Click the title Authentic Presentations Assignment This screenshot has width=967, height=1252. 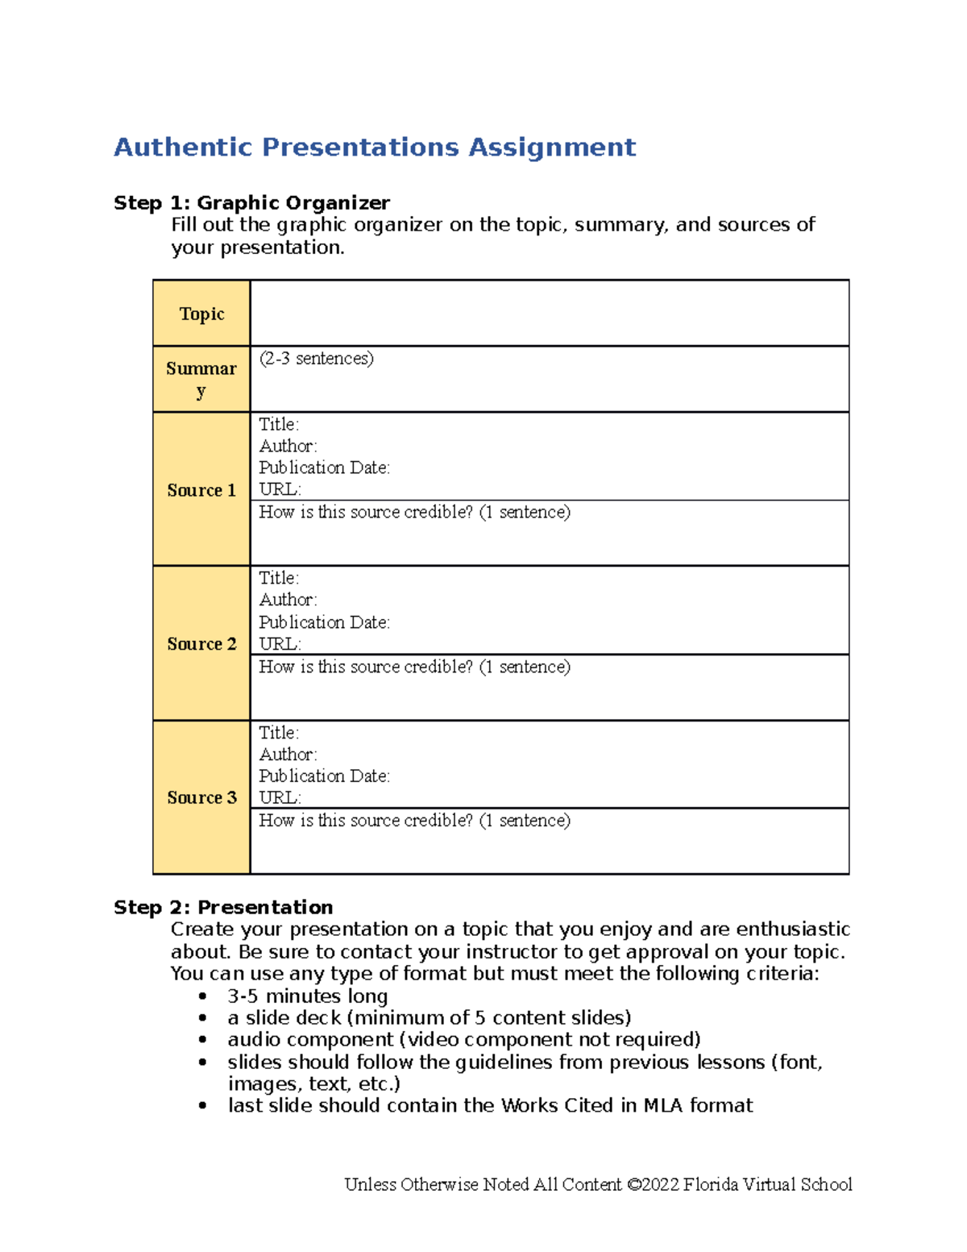375,148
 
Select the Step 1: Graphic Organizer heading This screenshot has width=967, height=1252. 251,203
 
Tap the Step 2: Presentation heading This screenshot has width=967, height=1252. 223,908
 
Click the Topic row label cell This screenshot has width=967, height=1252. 201,314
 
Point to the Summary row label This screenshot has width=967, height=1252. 201,379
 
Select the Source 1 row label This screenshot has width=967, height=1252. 201,490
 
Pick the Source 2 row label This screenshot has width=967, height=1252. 201,644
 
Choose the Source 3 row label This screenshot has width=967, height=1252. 201,797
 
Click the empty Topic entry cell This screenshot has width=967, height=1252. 550,314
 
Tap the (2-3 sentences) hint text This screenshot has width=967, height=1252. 316,359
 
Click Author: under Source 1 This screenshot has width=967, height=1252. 288,446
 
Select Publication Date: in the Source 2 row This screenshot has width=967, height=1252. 324,622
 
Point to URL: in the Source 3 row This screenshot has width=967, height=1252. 280,797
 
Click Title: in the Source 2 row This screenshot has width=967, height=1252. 279,578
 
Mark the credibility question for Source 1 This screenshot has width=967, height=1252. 414,512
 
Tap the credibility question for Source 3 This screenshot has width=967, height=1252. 414,821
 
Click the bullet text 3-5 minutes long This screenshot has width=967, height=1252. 307,996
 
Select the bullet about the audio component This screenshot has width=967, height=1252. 463,1040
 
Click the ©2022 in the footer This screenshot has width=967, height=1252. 652,1184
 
